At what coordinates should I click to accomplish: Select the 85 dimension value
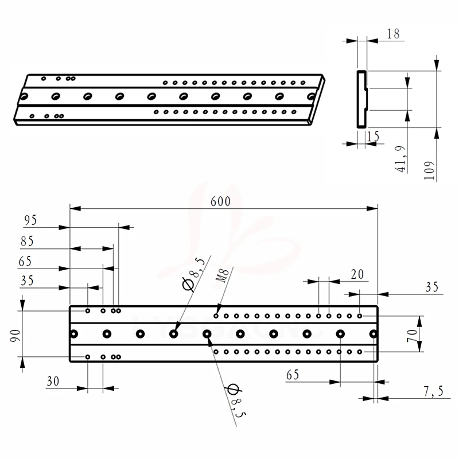point(27,242)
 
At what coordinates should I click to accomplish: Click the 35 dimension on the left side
point(26,281)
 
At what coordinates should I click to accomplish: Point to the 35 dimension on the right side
point(433,286)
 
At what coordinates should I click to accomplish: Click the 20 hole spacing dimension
point(357,275)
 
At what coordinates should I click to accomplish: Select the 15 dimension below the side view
point(372,136)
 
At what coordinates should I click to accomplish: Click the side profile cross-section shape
point(361,99)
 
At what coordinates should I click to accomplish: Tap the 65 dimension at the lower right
point(293,375)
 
